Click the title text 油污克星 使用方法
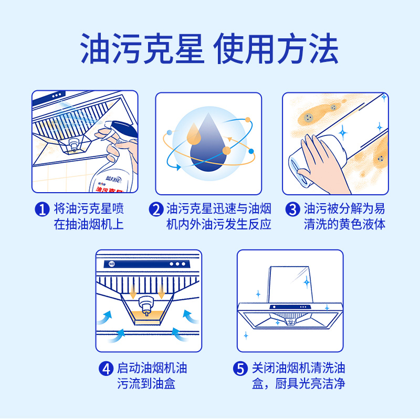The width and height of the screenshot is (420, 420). click(x=209, y=50)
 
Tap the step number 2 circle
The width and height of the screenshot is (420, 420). click(x=156, y=209)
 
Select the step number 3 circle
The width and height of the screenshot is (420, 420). click(x=292, y=209)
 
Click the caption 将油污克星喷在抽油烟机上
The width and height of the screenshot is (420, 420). click(x=89, y=217)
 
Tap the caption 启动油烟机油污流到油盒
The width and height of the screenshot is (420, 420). click(x=152, y=376)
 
